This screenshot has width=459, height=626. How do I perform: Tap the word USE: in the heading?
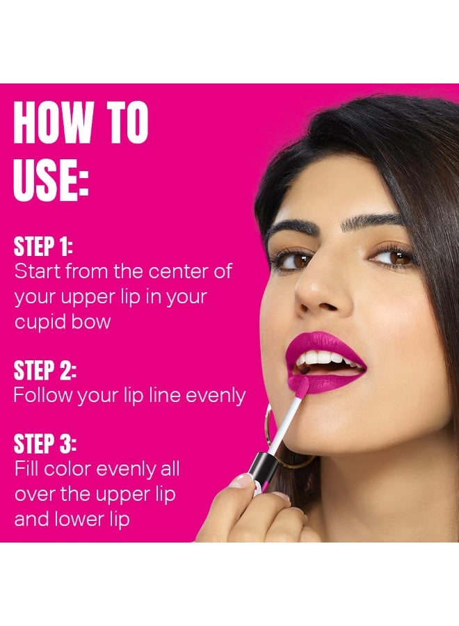point(51,179)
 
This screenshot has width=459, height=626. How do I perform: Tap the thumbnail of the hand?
point(242,481)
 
